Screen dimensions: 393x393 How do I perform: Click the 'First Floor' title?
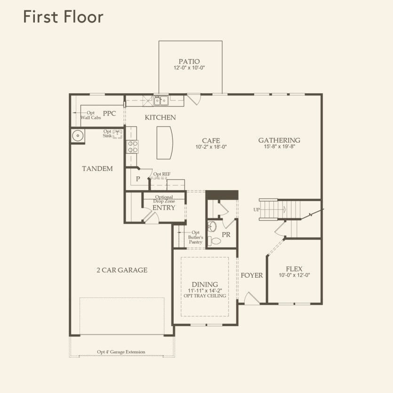point(63,17)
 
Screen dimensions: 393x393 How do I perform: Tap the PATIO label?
point(189,62)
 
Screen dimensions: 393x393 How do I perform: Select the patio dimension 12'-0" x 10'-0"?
point(189,68)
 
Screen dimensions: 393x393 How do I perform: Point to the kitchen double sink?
point(161,100)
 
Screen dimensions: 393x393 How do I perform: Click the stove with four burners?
point(132,147)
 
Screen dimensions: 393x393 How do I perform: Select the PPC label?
point(110,113)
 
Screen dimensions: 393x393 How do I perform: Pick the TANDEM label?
point(97,168)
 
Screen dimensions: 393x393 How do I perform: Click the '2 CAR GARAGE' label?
point(122,270)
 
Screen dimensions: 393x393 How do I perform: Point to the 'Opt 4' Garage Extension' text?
point(121,352)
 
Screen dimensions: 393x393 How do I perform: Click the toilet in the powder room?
point(216,241)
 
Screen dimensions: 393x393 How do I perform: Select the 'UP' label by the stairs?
point(257,209)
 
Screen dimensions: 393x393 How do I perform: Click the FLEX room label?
point(294,269)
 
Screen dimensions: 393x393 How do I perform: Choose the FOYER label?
point(252,275)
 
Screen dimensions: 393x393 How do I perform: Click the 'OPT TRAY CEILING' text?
point(205,296)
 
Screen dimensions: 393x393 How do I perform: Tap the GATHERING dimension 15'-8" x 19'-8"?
point(279,146)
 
